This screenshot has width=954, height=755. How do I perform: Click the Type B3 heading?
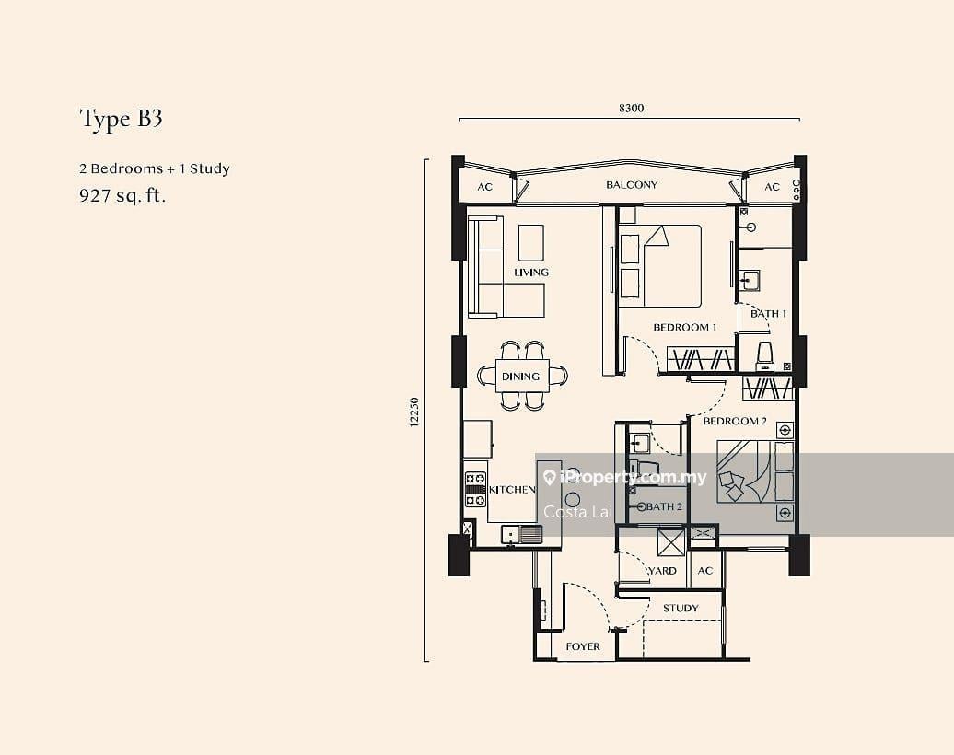[121, 120]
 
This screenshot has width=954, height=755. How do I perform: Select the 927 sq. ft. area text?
[122, 195]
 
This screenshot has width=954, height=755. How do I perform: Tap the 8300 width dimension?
[631, 109]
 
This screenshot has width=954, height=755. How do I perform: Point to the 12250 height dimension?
[415, 412]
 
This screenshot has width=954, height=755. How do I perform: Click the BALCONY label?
[632, 185]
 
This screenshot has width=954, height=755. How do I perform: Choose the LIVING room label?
[531, 273]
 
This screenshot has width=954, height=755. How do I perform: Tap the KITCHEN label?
[512, 490]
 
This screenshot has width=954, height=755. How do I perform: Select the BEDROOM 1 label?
[684, 327]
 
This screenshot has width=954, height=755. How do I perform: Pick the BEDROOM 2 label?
[735, 421]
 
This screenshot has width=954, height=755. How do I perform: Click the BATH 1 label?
[768, 314]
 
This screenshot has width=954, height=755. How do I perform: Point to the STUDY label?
[681, 608]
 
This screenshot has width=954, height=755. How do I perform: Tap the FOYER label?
[583, 646]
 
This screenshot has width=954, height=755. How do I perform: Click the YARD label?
[662, 571]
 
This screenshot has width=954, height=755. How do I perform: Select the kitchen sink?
[521, 535]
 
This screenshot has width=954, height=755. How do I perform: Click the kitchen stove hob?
[476, 490]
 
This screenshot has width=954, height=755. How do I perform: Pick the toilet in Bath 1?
[763, 357]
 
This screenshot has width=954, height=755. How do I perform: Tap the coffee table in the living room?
[531, 243]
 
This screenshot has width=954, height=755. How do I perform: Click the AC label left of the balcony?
[485, 188]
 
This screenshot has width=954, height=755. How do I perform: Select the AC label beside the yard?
[705, 571]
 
